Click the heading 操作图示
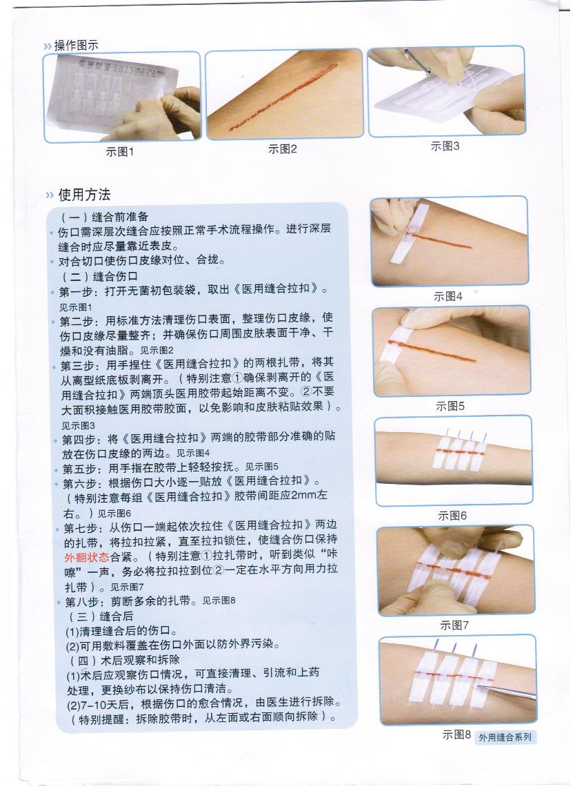pyautogui.click(x=76, y=46)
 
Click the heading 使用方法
pyautogui.click(x=84, y=195)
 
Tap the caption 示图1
pyautogui.click(x=120, y=152)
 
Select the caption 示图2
pyautogui.click(x=282, y=149)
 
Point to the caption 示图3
pyautogui.click(x=445, y=146)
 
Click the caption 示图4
pyautogui.click(x=448, y=296)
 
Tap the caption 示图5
pyautogui.click(x=450, y=406)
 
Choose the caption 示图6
pyautogui.click(x=452, y=516)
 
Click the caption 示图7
pyautogui.click(x=454, y=625)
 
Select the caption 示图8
pyautogui.click(x=456, y=735)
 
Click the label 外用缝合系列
pyautogui.click(x=505, y=737)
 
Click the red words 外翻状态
pyautogui.click(x=86, y=557)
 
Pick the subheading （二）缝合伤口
pyautogui.click(x=100, y=276)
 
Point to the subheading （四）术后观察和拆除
pyautogui.click(x=124, y=660)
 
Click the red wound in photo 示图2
pyautogui.click(x=282, y=96)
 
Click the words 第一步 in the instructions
pyautogui.click(x=76, y=292)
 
